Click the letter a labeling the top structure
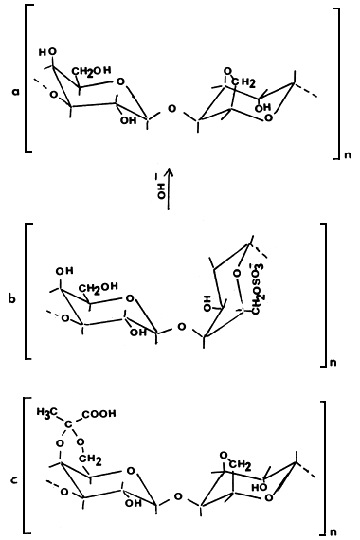pyautogui.click(x=14, y=92)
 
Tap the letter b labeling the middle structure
pyautogui.click(x=11, y=298)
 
